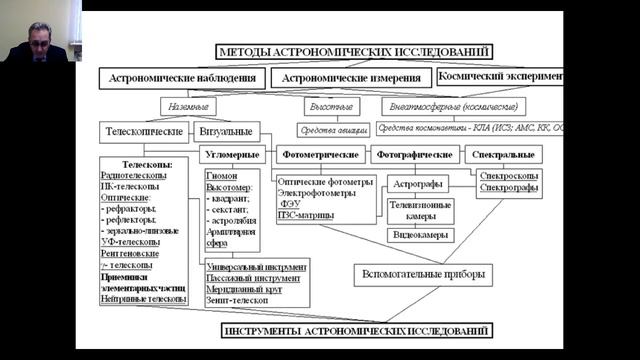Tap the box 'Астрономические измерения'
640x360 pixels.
pos(352,77)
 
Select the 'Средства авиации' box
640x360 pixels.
pos(333,129)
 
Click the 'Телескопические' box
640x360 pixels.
pos(148,130)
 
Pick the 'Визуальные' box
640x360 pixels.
pos(229,130)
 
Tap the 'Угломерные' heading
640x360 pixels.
pos(234,155)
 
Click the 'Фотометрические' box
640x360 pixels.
pos(321,155)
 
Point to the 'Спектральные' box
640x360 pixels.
pos(503,155)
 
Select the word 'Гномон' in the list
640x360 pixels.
pos(222,174)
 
